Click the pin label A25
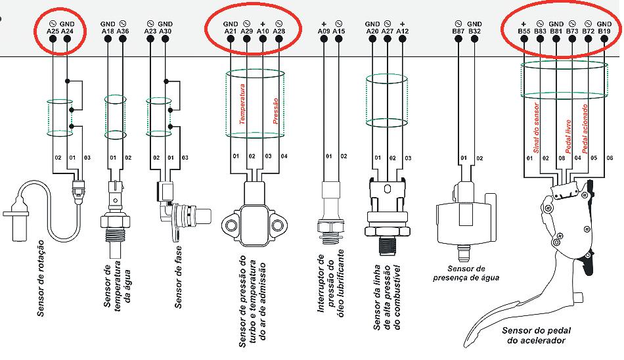pos(53,30)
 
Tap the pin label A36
pos(123,30)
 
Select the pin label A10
pos(263,30)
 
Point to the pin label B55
pos(524,30)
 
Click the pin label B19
pos(604,30)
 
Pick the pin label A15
pos(339,30)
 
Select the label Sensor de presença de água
pos(472,273)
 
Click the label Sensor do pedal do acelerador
pos(532,335)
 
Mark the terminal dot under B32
pos(476,39)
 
